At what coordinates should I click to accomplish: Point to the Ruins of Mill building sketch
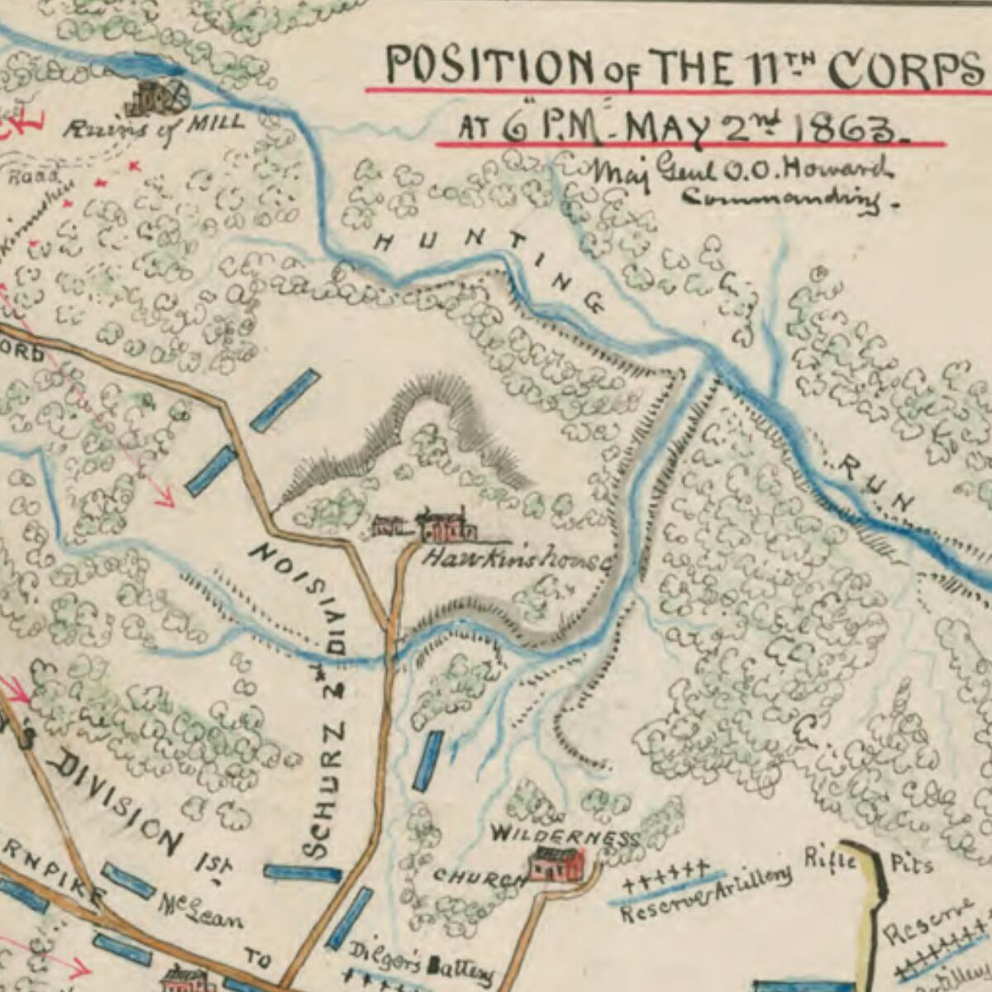tap(157, 98)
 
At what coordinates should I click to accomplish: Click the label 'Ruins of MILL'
tap(155, 128)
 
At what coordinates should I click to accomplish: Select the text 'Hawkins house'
tap(517, 560)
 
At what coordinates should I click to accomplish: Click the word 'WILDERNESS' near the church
tap(565, 835)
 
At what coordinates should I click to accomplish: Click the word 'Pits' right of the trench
tap(911, 865)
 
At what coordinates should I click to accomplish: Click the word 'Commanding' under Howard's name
tap(780, 199)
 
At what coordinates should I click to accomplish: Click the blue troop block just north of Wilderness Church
tap(427, 761)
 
